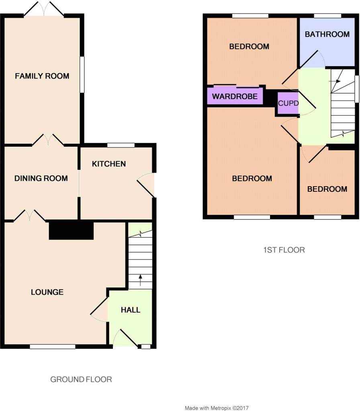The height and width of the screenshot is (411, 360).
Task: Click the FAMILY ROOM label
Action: pos(42,76)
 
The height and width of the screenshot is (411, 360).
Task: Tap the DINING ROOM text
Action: pos(41,179)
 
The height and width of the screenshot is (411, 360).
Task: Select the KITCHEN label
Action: pos(109,164)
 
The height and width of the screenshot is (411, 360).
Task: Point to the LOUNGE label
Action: pos(47,292)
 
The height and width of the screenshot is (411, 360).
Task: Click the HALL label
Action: pos(131,310)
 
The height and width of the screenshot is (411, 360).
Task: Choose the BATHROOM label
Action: pos(327,35)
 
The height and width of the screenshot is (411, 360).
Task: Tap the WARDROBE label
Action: pos(235,96)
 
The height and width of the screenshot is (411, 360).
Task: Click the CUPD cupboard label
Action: pos(288,103)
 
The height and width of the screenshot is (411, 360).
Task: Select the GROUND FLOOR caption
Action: pos(81,379)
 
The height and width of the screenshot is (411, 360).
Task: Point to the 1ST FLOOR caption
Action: pos(284,250)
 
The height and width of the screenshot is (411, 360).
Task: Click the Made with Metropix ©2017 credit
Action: pos(217,408)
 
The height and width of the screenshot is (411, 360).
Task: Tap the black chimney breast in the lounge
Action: pos(72,231)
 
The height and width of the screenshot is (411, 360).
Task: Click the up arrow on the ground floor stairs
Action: pos(140,280)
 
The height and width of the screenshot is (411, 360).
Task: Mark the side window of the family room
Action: pos(82,75)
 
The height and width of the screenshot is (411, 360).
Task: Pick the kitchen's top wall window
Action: pos(121,145)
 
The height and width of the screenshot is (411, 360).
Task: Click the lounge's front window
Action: pos(53,346)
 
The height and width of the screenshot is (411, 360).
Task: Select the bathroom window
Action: pos(328,16)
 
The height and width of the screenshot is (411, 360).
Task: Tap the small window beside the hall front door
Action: pos(146,346)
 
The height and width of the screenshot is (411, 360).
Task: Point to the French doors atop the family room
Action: pos(44,9)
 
